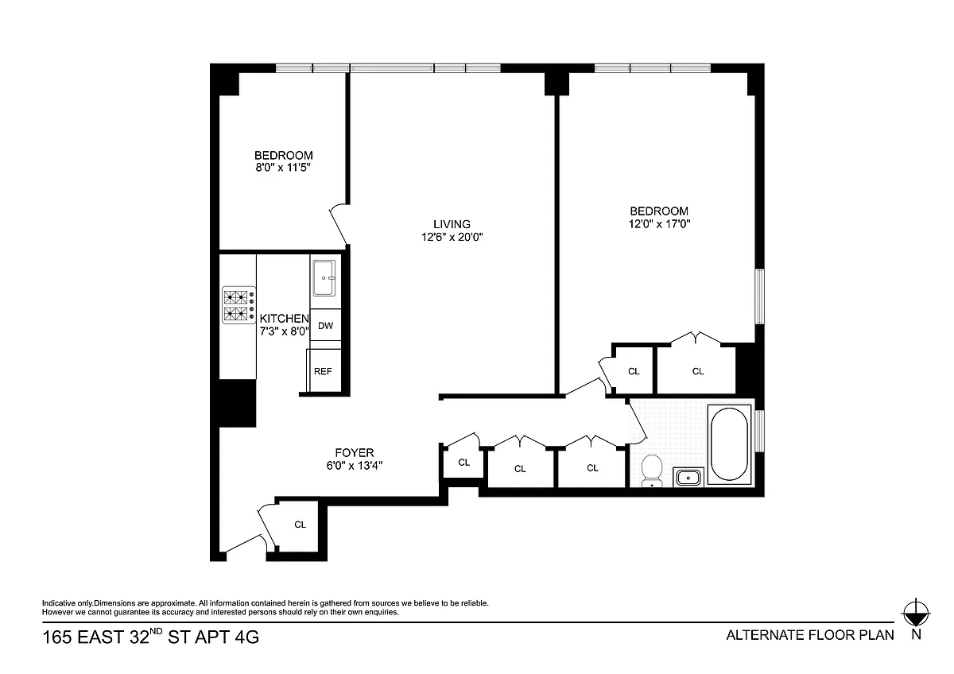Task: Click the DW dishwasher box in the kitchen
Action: [x=325, y=325]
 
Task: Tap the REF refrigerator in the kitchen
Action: [x=324, y=370]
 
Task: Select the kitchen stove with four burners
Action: [x=239, y=305]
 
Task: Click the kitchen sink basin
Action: [x=324, y=278]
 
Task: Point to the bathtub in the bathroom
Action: [x=729, y=444]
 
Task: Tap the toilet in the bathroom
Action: [x=652, y=471]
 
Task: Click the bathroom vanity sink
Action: [x=688, y=478]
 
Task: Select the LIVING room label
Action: [x=452, y=224]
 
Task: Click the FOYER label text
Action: [x=355, y=452]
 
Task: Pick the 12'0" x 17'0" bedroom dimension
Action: [x=659, y=224]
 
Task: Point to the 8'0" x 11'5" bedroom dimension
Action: [x=283, y=168]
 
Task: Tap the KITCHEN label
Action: [x=284, y=319]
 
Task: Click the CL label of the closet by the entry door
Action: [x=301, y=525]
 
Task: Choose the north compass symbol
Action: [x=916, y=614]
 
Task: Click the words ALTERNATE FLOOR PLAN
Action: [x=810, y=635]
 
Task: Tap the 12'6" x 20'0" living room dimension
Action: [x=452, y=237]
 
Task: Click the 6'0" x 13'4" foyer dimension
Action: [x=355, y=466]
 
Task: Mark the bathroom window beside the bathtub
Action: [x=759, y=431]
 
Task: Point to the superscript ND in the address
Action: [x=156, y=631]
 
